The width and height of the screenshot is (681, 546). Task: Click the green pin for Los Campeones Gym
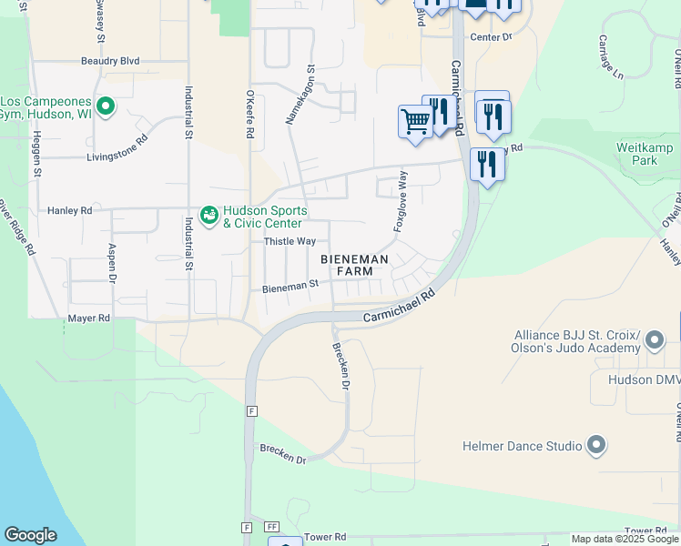click(106, 107)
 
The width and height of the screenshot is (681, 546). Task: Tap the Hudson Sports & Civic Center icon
click(208, 216)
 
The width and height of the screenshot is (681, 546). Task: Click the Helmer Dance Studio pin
click(596, 446)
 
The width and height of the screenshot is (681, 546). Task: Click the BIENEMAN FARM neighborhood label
click(355, 266)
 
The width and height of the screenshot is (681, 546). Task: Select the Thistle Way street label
click(290, 241)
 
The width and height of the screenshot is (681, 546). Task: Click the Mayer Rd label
click(88, 318)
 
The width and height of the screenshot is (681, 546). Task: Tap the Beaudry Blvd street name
click(110, 61)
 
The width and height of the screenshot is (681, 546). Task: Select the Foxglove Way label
click(400, 200)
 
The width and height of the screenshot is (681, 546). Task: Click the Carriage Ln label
click(610, 56)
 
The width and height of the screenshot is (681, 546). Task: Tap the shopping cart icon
click(415, 120)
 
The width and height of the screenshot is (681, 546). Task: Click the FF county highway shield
click(271, 527)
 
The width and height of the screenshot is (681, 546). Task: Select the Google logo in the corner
click(30, 535)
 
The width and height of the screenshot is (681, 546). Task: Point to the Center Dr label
click(492, 37)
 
